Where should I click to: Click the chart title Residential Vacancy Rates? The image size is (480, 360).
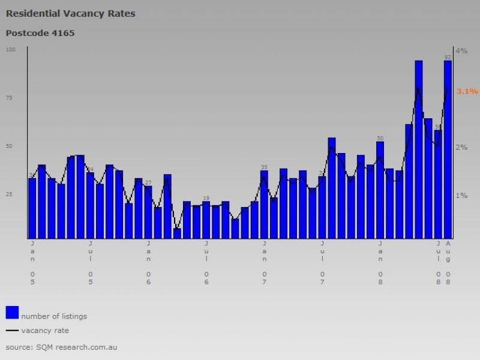(x=70, y=13)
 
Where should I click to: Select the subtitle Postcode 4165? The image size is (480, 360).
(x=40, y=33)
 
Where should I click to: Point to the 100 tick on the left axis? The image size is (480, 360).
(x=10, y=49)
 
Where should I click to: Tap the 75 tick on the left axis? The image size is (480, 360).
(x=11, y=98)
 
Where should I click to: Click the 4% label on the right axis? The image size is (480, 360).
(x=461, y=51)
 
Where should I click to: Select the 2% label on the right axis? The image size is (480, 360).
(x=461, y=148)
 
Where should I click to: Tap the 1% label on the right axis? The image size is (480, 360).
(x=461, y=196)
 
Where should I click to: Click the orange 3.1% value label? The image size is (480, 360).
(x=467, y=92)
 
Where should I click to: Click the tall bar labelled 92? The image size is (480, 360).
(x=448, y=150)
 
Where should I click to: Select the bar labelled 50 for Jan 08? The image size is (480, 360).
(x=380, y=189)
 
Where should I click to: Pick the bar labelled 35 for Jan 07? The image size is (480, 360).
(x=264, y=204)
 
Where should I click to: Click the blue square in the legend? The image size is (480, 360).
(x=12, y=313)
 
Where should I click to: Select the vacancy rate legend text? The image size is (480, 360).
(x=45, y=331)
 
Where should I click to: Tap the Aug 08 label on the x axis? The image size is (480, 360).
(x=448, y=263)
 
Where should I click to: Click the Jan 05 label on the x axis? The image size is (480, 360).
(x=32, y=263)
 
